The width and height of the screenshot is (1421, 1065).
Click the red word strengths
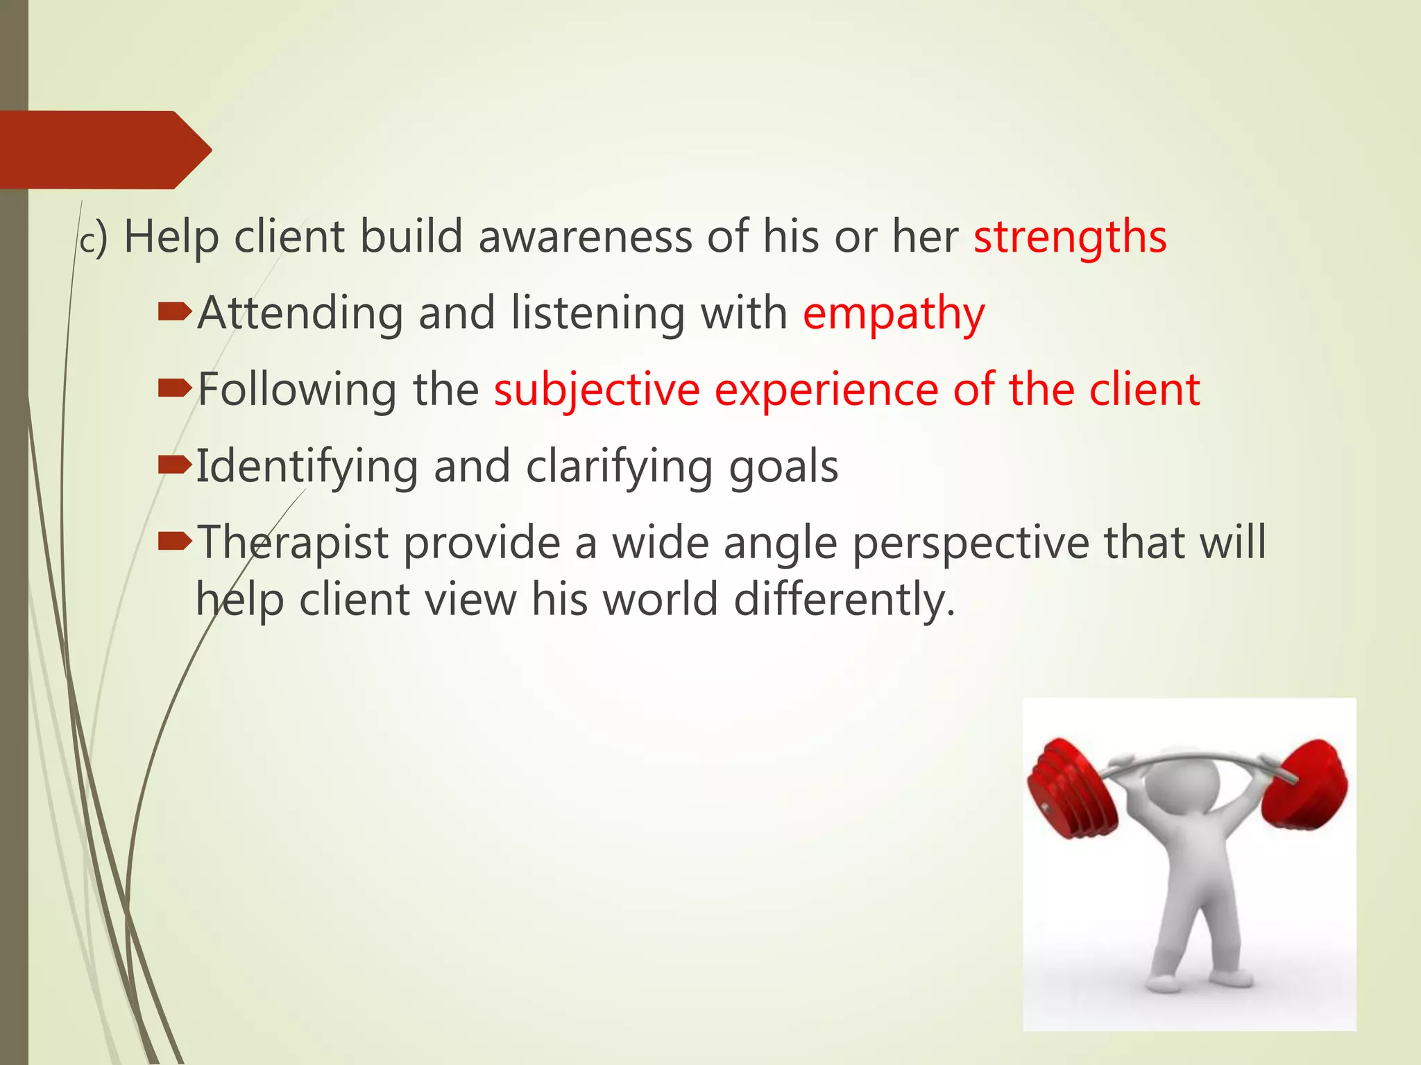(1069, 238)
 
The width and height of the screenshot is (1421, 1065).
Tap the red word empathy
(893, 314)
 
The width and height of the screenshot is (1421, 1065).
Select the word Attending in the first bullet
(300, 313)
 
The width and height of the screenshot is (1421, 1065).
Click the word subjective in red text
(596, 390)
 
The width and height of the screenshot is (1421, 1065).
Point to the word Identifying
(307, 467)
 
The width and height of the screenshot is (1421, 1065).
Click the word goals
(783, 467)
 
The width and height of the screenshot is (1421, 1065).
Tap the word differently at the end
(844, 599)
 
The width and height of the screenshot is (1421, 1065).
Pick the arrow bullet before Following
(173, 389)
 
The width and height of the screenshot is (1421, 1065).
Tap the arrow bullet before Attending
(173, 313)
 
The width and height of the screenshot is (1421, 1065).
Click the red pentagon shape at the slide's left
(104, 150)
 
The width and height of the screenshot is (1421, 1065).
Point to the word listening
(597, 313)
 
